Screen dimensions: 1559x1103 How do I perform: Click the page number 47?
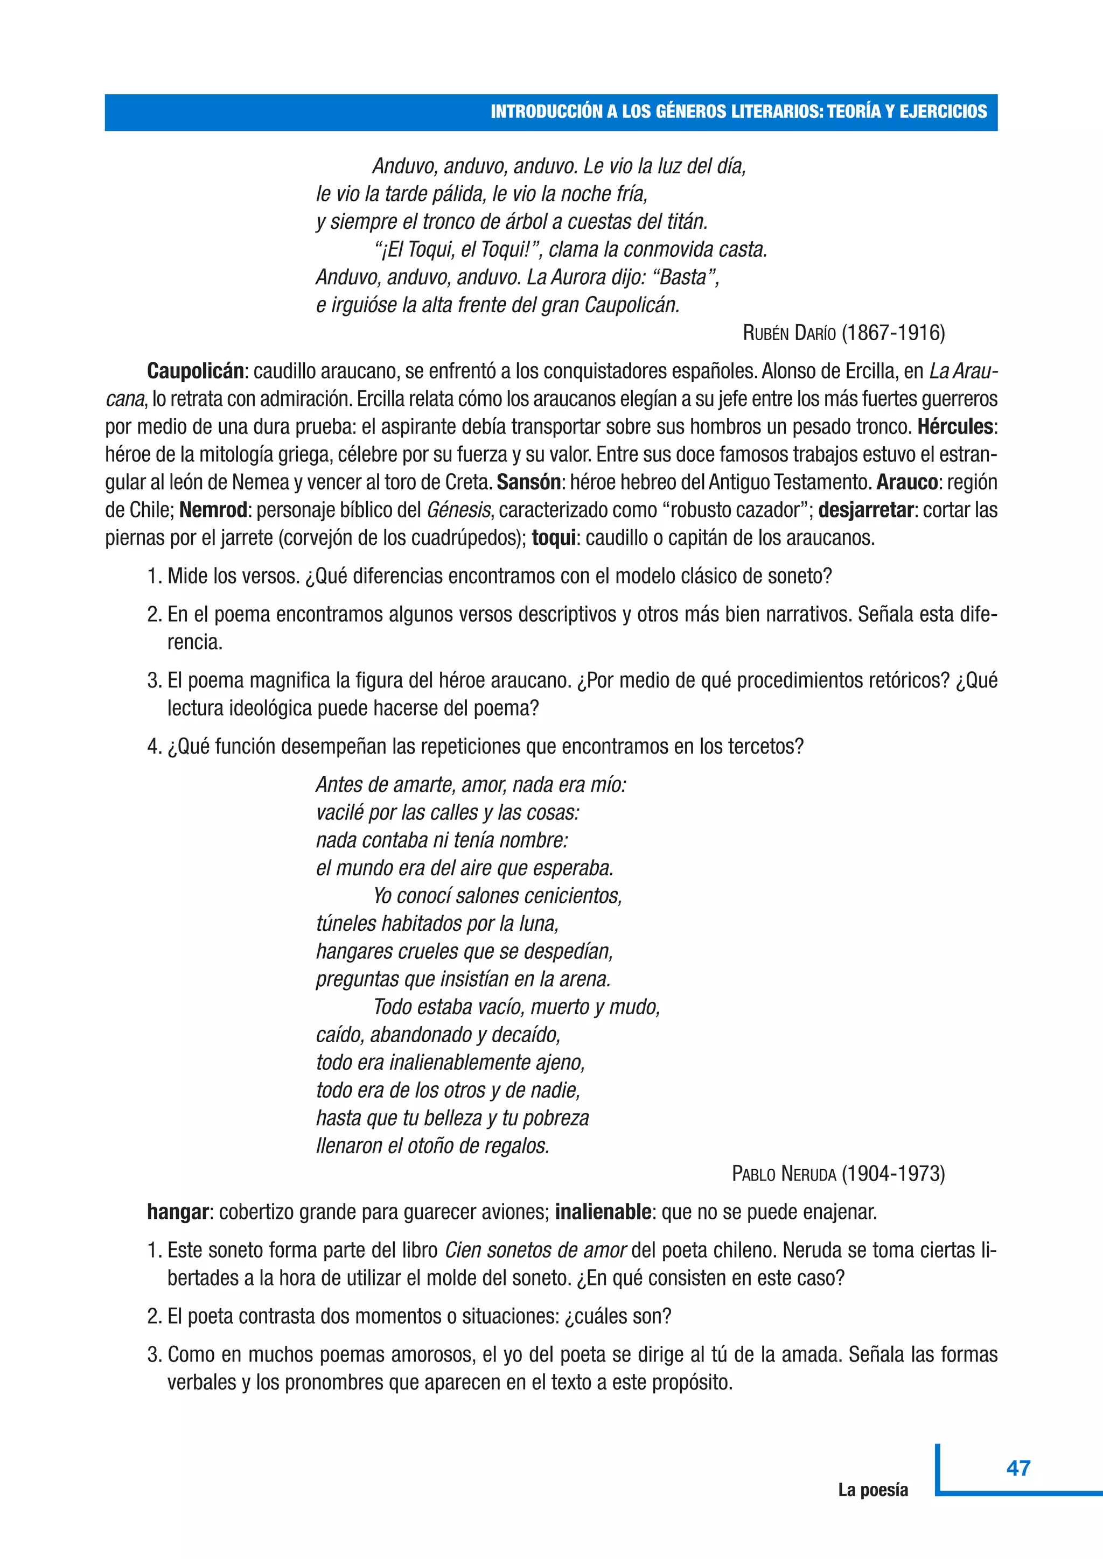[1018, 1468]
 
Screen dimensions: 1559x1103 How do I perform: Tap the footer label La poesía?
[872, 1490]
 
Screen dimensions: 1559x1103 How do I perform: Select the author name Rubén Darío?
[789, 333]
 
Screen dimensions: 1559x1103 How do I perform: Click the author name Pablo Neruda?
[784, 1174]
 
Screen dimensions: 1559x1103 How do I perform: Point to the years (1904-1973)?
[893, 1174]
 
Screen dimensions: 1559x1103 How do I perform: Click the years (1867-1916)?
[893, 333]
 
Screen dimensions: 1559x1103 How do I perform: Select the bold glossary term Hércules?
[955, 426]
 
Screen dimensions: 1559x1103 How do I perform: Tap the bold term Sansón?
[528, 482]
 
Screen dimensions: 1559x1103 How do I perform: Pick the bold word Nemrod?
[213, 510]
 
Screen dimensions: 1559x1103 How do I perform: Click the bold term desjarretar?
[865, 510]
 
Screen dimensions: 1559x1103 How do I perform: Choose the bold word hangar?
[178, 1212]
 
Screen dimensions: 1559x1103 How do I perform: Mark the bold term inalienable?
[603, 1212]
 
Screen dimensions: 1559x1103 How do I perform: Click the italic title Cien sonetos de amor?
[536, 1250]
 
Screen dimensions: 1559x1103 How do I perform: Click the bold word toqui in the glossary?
[554, 538]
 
